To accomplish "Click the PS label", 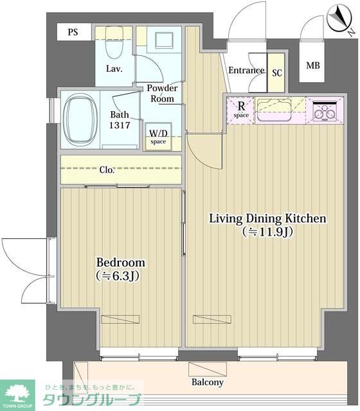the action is [73, 32].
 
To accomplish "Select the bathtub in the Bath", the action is [80, 120].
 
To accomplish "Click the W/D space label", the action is [158, 137].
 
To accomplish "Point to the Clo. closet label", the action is [107, 170].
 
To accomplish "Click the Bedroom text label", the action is [120, 263].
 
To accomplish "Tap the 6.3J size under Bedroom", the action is [117, 275].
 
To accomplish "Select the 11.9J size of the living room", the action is [267, 232].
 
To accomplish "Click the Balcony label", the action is [207, 383].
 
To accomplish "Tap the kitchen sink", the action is [274, 107].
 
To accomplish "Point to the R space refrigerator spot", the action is [241, 110].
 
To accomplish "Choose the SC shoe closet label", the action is [277, 73].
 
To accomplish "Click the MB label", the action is [313, 66].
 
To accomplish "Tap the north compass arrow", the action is [339, 18].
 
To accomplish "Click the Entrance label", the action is [246, 70].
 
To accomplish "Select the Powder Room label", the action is [162, 93].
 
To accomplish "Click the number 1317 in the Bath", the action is [120, 125].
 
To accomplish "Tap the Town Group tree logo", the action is [17, 393].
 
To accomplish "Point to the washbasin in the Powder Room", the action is [165, 40].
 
